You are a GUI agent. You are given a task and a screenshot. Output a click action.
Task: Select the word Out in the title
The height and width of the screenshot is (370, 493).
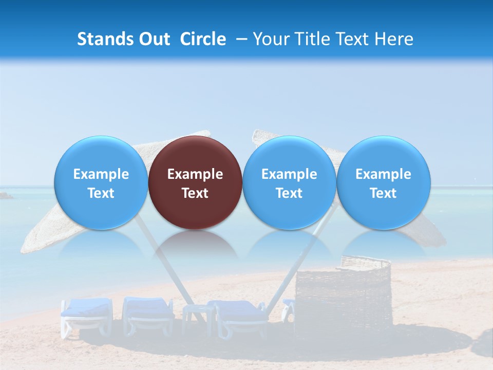pos(155,39)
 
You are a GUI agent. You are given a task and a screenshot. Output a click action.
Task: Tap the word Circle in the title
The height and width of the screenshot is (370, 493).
pos(203,39)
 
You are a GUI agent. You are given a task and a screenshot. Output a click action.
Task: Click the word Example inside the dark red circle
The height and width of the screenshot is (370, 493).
pos(195,174)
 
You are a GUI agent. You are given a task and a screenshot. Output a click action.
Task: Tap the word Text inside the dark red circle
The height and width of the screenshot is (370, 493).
pos(195,193)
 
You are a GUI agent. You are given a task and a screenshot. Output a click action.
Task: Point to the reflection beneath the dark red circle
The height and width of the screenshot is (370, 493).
pos(195,244)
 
